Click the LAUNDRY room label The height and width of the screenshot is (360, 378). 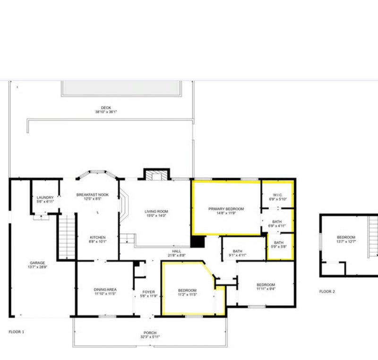[x=45, y=197]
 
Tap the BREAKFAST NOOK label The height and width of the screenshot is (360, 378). [x=93, y=195]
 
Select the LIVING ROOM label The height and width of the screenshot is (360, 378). [x=156, y=211]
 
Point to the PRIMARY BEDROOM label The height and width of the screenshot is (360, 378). [x=226, y=209]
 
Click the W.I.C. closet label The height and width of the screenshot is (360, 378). [x=278, y=195]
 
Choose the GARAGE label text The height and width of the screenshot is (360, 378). [x=37, y=263]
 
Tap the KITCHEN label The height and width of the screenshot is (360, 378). [x=98, y=237]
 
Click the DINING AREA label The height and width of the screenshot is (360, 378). [x=105, y=290]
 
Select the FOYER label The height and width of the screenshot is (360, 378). [x=148, y=292]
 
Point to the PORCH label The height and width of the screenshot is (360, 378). [x=150, y=333]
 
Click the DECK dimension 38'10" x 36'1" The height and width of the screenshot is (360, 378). [x=106, y=112]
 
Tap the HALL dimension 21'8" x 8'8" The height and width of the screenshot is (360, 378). [x=177, y=255]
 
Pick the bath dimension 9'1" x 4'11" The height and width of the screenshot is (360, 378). [x=238, y=255]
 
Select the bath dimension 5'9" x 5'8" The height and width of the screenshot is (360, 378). [x=279, y=246]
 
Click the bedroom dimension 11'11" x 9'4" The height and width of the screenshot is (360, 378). [x=266, y=289]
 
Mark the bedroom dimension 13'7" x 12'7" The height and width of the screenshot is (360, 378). [x=346, y=242]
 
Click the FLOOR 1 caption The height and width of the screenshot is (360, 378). [x=17, y=332]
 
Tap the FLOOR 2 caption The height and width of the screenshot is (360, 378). [x=327, y=291]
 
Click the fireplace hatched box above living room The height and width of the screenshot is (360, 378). [x=156, y=176]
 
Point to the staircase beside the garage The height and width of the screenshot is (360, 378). [x=67, y=237]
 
